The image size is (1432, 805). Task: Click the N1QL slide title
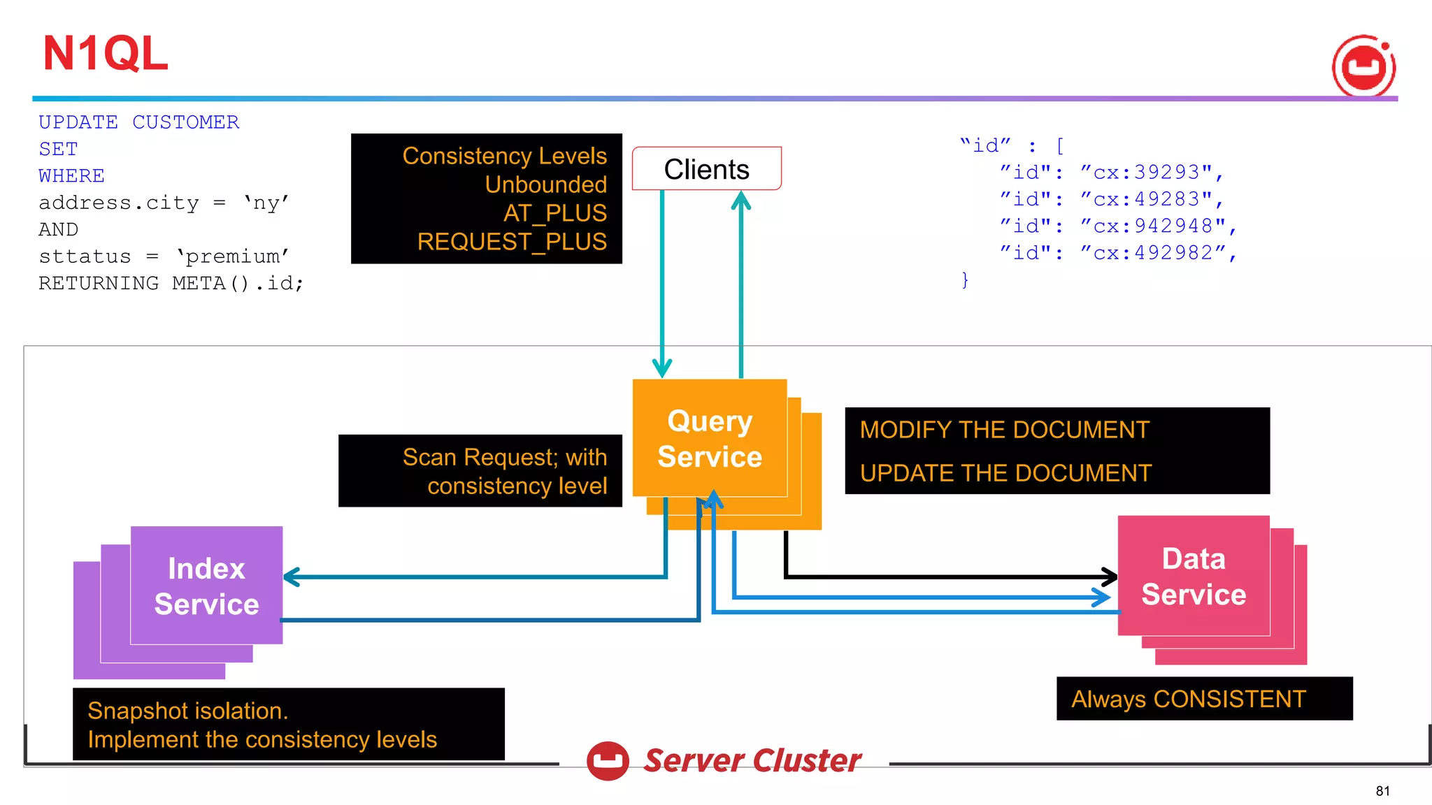[106, 54]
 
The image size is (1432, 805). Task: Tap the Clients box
[706, 169]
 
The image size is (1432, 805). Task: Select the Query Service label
[709, 439]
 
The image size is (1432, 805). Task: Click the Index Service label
[206, 586]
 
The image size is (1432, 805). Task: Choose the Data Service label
[1193, 576]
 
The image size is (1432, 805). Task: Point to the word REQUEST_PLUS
[512, 242]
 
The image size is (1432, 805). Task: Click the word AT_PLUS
[554, 213]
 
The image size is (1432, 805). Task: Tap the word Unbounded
[545, 184]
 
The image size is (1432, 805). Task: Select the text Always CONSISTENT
[1188, 699]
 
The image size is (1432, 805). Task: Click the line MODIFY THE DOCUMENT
[1004, 430]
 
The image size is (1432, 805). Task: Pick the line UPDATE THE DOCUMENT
[1005, 473]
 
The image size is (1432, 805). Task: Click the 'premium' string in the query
[232, 256]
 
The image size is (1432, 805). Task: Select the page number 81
[1382, 791]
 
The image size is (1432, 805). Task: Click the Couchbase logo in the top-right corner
[1363, 66]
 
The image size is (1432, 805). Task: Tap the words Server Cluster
[752, 760]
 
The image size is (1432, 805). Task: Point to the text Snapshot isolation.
[187, 711]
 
